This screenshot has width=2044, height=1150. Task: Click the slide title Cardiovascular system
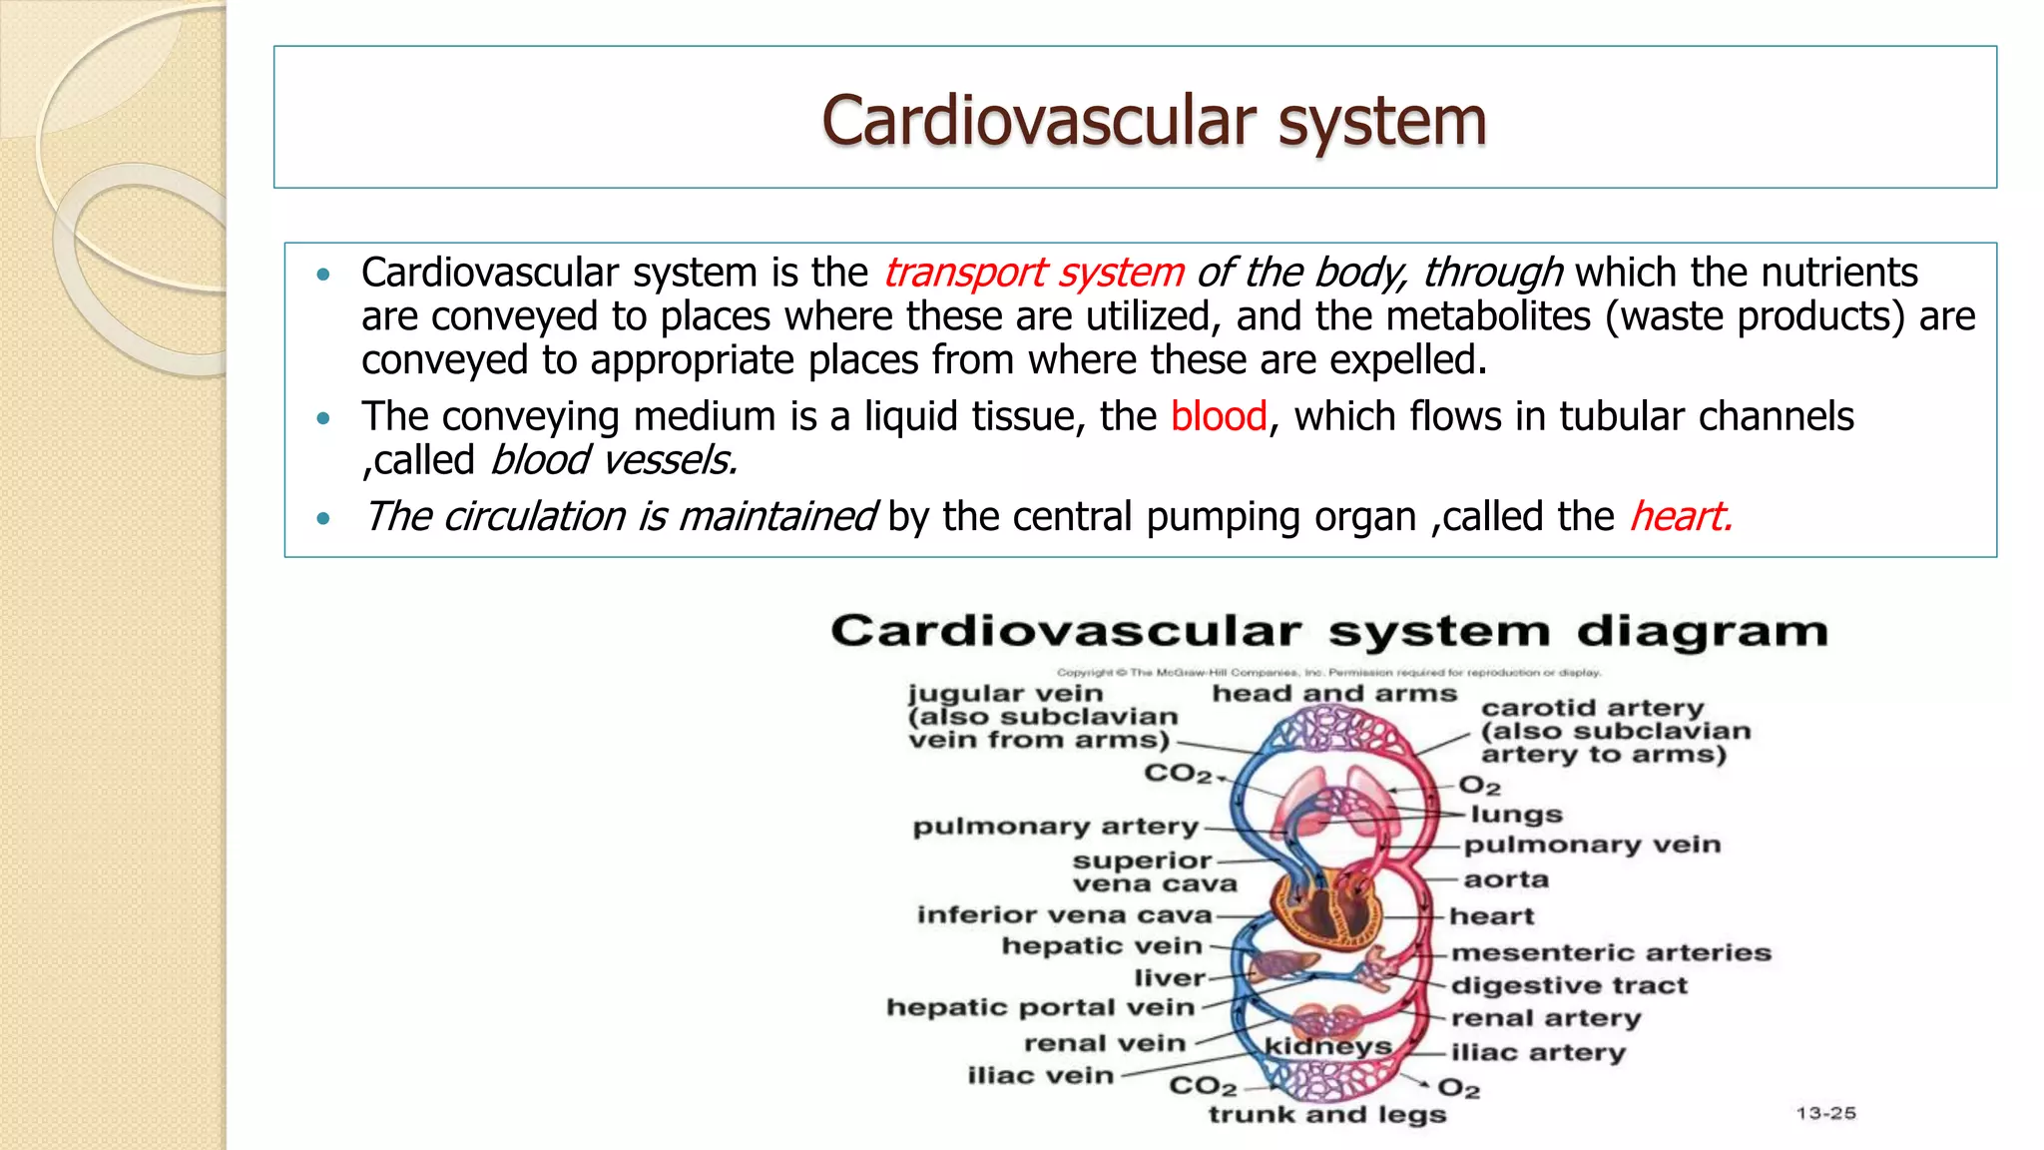tap(1154, 121)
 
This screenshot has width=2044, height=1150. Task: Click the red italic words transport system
tap(1033, 273)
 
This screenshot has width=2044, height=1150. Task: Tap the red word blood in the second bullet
tap(1218, 416)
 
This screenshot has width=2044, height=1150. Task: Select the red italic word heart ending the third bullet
tap(1680, 517)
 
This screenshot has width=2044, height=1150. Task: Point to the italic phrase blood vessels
tap(613, 460)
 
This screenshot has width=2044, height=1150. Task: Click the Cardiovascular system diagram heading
tap(1328, 631)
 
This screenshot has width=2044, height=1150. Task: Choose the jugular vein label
tap(1005, 694)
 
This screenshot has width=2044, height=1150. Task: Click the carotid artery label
tap(1592, 708)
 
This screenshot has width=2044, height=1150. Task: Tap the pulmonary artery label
tap(1055, 827)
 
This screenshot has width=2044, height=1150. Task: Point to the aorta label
tap(1505, 879)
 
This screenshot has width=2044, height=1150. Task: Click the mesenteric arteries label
tap(1610, 952)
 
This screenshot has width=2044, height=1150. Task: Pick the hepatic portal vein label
tap(1040, 1007)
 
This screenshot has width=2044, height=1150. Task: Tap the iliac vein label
tap(1039, 1075)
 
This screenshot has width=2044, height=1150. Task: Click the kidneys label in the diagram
tap(1327, 1046)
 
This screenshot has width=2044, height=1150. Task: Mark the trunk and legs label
tap(1326, 1114)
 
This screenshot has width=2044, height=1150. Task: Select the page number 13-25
tap(1825, 1113)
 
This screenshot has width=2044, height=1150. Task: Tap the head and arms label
tap(1333, 694)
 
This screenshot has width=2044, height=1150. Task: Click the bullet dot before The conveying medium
tap(322, 418)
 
